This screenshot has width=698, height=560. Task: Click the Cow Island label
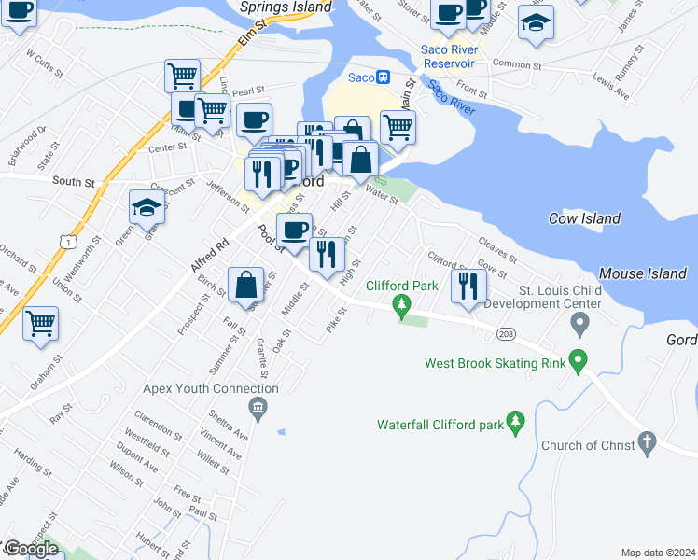[584, 218]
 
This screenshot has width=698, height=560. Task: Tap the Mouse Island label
[635, 273]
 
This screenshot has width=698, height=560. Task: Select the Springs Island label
[286, 7]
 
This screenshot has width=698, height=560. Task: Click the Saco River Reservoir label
[450, 56]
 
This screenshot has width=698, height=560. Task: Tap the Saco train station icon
[383, 77]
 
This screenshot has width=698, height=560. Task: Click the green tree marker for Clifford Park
[402, 304]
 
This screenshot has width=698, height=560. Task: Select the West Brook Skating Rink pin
[579, 358]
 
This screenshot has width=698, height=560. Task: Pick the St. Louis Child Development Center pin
[580, 324]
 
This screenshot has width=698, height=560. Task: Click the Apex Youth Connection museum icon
[258, 408]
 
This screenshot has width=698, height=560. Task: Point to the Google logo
[30, 549]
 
